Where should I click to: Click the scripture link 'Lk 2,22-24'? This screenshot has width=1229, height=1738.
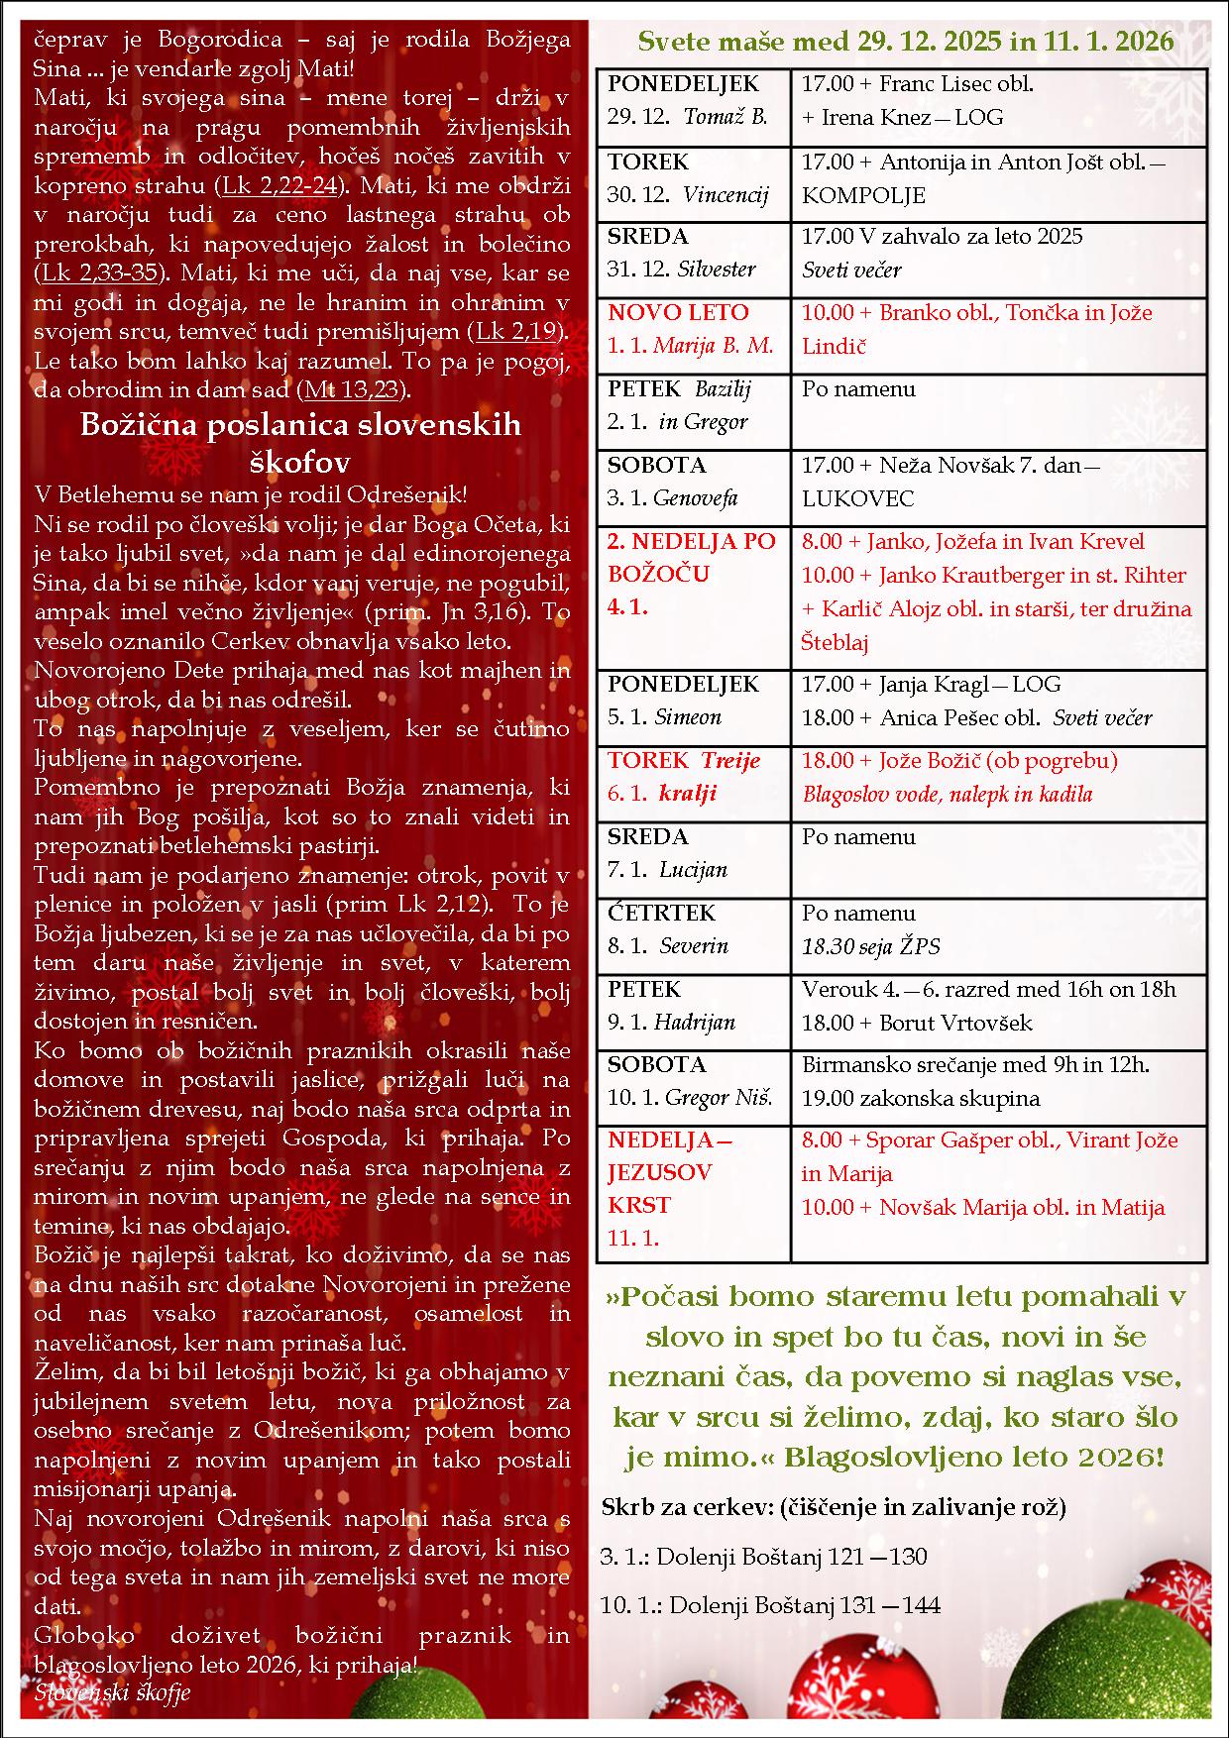(x=279, y=185)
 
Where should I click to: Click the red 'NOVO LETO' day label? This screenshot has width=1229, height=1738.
(x=678, y=313)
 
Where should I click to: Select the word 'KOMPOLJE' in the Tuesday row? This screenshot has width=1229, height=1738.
(x=863, y=195)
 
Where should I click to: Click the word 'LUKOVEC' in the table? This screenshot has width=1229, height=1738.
(x=857, y=498)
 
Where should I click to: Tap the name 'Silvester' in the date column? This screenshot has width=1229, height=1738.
(x=717, y=270)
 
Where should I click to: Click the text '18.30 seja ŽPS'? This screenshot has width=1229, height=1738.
(x=870, y=946)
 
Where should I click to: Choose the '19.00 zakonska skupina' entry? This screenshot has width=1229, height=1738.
(x=920, y=1098)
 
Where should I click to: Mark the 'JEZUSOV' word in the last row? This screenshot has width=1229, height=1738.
(x=659, y=1173)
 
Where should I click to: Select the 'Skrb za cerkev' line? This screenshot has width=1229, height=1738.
(x=833, y=1507)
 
